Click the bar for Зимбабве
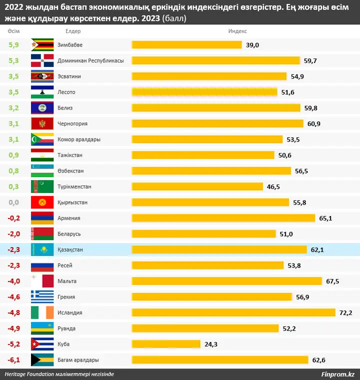coord(186,45)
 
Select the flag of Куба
coord(42,344)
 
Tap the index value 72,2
coord(345,313)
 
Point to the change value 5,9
coord(13,45)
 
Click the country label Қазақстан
coord(70,249)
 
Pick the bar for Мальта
coord(226,281)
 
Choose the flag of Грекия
coord(42,297)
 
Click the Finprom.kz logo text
coord(337,374)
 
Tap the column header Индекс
coord(237,31)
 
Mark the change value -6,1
coord(13,360)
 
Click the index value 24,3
coord(210,344)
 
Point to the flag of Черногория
coord(42,123)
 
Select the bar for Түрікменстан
coord(197,186)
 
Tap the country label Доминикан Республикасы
coord(90,60)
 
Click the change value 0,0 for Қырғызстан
coord(13,202)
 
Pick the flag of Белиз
coord(42,108)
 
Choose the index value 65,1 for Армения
coord(325,218)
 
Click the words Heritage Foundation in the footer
coord(29,374)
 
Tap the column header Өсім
coord(13,31)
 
